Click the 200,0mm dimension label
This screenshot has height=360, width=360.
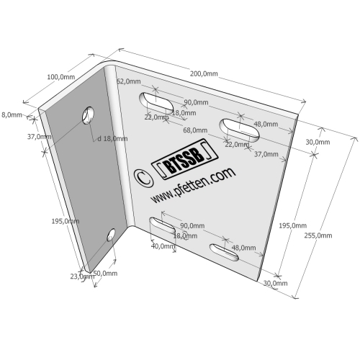coord(204,73)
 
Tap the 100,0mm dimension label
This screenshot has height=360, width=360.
coord(61,77)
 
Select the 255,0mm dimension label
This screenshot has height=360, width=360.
coord(318,235)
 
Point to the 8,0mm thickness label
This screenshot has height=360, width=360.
coord(12,115)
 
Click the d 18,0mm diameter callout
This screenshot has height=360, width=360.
coord(112,139)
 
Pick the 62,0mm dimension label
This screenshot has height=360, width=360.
coord(129,81)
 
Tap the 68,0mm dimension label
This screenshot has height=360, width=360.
coord(195,130)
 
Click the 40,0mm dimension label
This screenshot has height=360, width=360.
coord(163,246)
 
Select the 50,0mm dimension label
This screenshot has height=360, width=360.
coord(105,273)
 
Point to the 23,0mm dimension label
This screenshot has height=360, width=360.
coord(82,276)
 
